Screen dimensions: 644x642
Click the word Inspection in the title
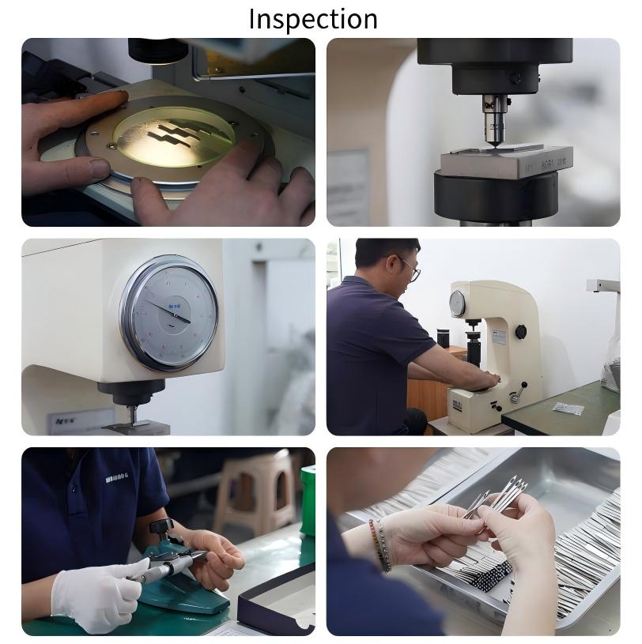click(313, 19)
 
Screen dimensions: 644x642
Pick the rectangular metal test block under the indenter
click(506, 161)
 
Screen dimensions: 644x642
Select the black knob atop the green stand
click(162, 526)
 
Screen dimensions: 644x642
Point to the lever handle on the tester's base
click(519, 390)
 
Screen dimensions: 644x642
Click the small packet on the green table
click(568, 409)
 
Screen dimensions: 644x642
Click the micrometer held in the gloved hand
click(170, 565)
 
